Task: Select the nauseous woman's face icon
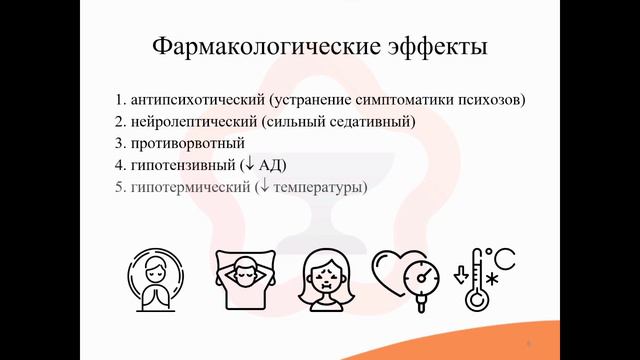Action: click(327, 280)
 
